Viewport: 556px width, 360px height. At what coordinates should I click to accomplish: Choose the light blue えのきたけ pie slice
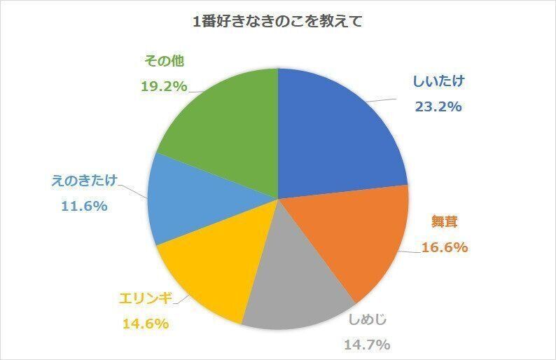pyautogui.click(x=186, y=203)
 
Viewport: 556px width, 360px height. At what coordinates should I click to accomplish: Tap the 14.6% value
pyautogui.click(x=146, y=325)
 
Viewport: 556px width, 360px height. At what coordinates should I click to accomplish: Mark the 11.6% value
pyautogui.click(x=83, y=207)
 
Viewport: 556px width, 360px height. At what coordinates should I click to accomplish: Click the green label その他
pyautogui.click(x=164, y=62)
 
